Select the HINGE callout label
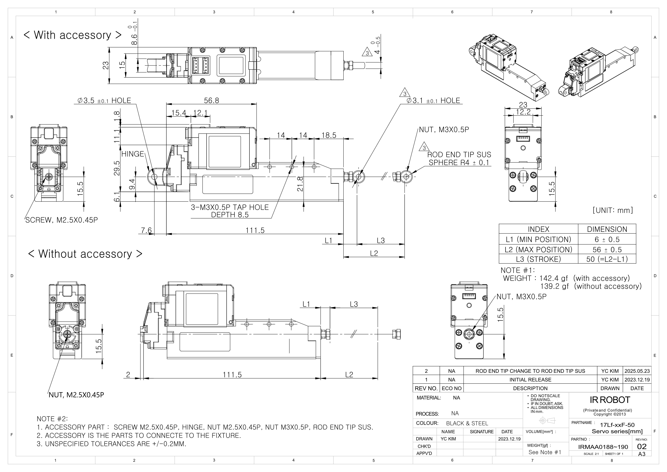133,154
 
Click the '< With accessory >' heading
72,35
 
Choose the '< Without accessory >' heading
85,254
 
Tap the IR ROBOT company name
610,400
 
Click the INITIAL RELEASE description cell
530,380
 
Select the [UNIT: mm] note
612,210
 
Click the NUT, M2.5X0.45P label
76,395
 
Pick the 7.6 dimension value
146,230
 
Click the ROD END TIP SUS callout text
459,155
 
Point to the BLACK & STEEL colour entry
467,423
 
